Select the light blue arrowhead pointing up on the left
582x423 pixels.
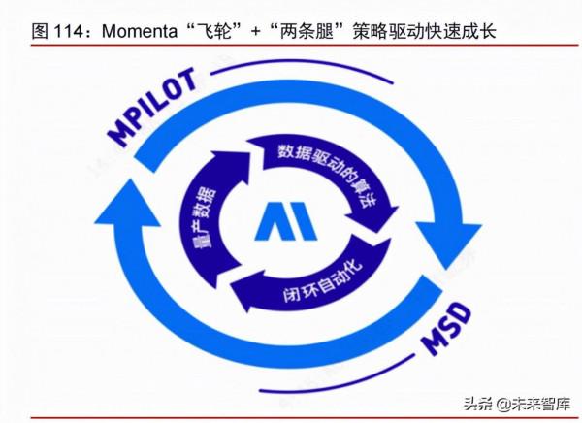tap(126, 209)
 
